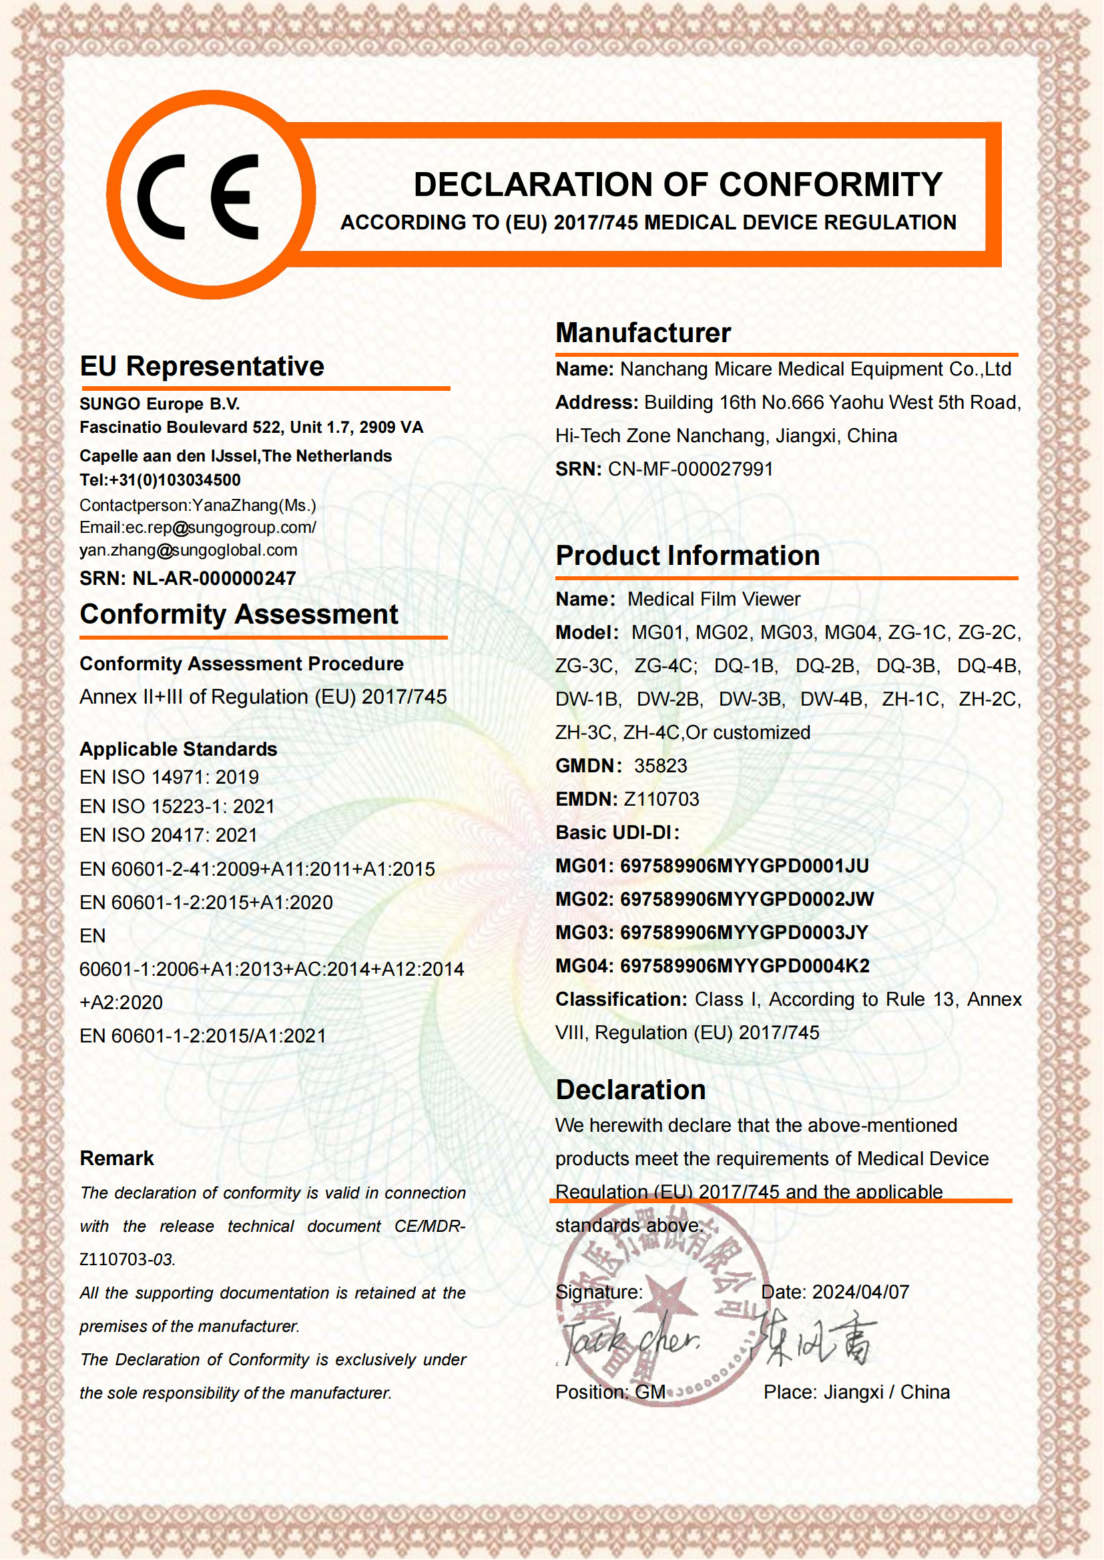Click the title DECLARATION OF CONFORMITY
[x=677, y=185]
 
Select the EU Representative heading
[x=202, y=366]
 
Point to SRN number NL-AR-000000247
[x=214, y=578]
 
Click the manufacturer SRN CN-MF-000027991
[x=690, y=469]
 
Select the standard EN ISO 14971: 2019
[x=170, y=776]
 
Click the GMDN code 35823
[x=660, y=766]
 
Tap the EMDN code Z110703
[x=661, y=799]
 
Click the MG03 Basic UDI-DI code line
[x=711, y=932]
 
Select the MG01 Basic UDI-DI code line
[x=711, y=866]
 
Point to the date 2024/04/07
[x=860, y=1292]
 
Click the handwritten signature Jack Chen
[x=629, y=1341]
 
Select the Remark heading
[x=117, y=1158]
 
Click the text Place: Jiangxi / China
[x=856, y=1392]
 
